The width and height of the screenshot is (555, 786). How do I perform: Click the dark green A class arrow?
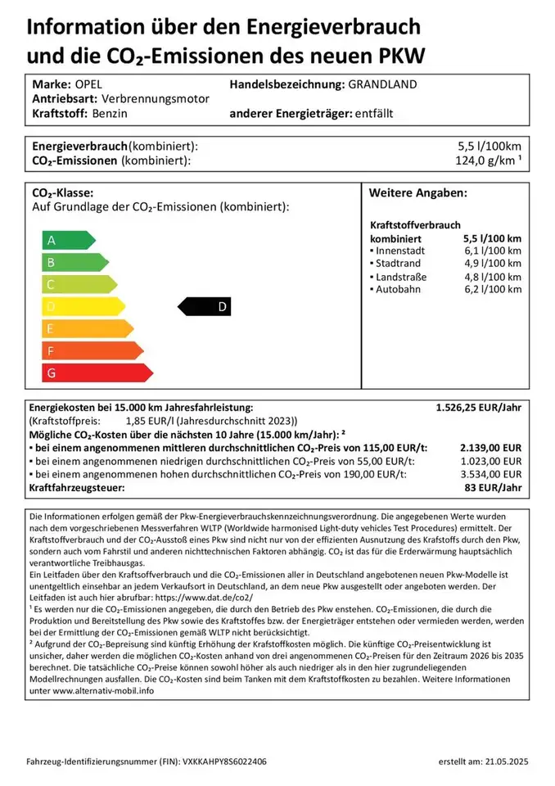click(68, 241)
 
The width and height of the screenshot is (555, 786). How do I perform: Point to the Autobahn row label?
click(399, 290)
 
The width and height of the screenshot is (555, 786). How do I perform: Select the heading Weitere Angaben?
click(417, 193)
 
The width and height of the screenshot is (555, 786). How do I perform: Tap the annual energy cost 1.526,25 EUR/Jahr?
click(478, 407)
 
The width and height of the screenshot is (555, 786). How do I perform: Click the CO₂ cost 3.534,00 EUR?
click(491, 474)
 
